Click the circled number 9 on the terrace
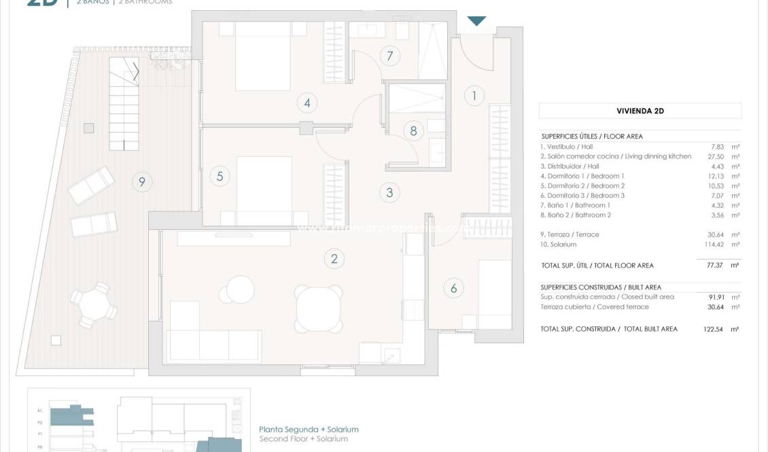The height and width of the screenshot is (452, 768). (x=141, y=181)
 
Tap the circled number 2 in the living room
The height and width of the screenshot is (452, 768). (x=334, y=258)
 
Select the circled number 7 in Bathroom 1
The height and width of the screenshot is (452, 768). (x=390, y=56)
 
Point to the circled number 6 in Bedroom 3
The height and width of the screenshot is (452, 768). (x=454, y=288)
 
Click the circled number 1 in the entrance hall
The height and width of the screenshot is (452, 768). (x=474, y=95)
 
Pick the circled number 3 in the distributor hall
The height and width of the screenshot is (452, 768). (x=389, y=192)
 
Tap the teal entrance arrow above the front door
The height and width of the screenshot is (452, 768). (x=477, y=21)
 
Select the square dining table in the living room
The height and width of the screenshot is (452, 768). (x=319, y=307)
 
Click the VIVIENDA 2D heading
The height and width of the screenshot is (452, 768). (x=640, y=111)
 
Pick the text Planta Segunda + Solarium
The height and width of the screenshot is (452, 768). (x=309, y=430)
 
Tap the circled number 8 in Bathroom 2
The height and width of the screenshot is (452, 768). (x=413, y=131)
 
